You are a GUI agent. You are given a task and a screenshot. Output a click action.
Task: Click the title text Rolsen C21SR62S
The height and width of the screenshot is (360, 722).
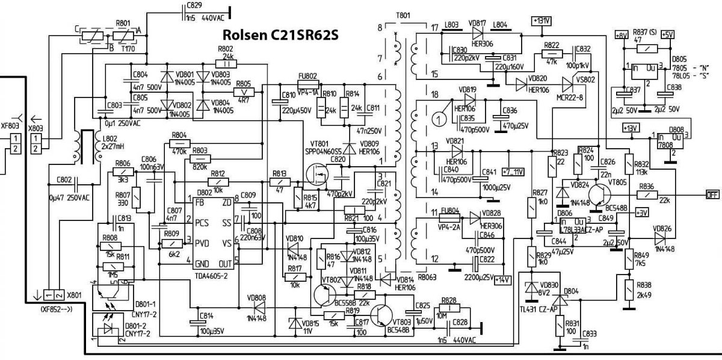tap(280, 34)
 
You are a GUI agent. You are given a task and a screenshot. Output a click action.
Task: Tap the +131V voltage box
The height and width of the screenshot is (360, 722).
tap(541, 21)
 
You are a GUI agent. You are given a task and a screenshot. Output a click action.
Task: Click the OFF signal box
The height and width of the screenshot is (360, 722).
tap(712, 194)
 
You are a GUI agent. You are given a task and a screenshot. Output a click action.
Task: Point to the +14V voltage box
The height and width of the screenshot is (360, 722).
tap(501, 279)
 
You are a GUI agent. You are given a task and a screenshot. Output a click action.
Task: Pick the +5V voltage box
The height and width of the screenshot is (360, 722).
tap(667, 35)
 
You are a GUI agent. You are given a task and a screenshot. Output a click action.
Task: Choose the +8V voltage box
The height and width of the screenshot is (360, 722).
tap(621, 35)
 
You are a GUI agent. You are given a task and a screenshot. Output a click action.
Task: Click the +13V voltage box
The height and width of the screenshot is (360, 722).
tap(631, 128)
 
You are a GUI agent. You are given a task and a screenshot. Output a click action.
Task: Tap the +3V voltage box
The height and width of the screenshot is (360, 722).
tap(642, 213)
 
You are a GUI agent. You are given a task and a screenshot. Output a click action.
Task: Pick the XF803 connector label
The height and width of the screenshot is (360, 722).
tap(10, 126)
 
